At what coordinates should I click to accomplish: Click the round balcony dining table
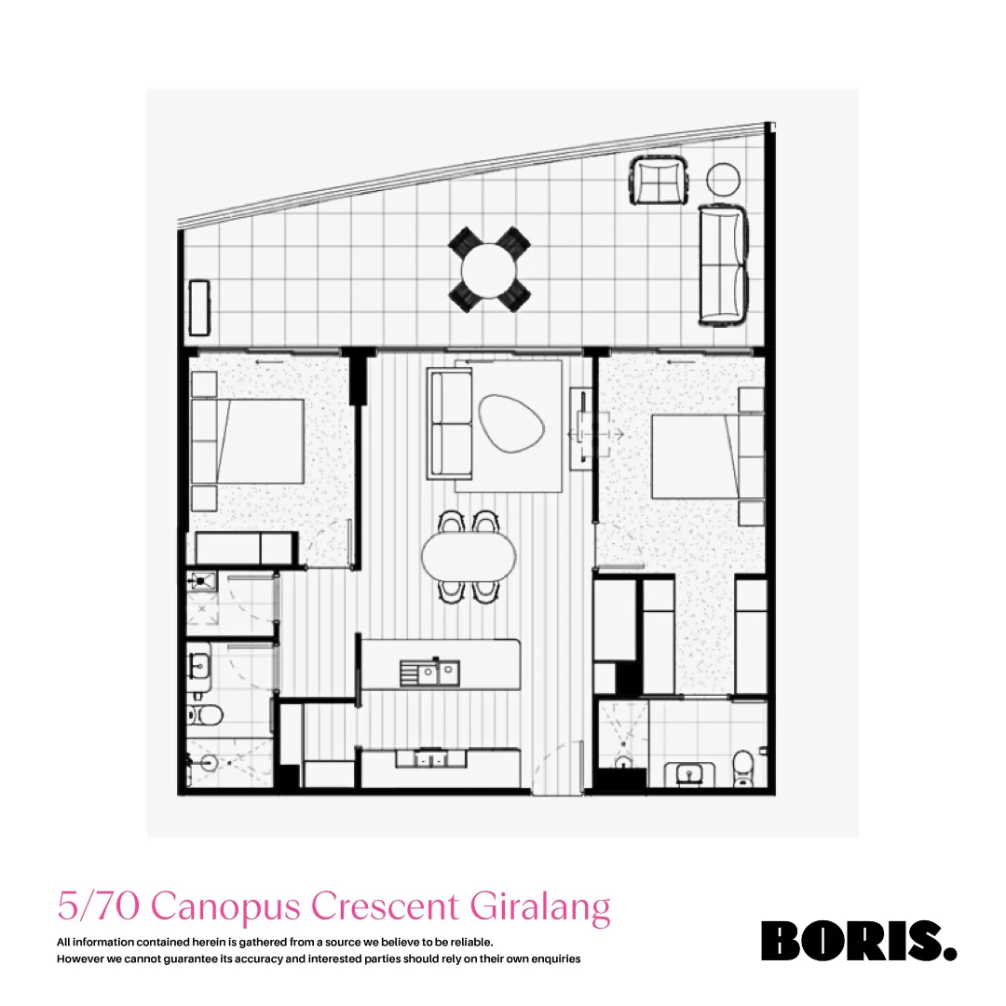[x=489, y=269]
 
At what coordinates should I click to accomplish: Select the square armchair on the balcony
[x=659, y=180]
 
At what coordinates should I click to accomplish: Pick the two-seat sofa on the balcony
[x=724, y=265]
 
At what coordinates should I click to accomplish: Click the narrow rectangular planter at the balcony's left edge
[x=198, y=306]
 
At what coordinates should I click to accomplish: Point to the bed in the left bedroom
[x=248, y=441]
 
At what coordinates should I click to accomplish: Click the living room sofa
[x=450, y=423]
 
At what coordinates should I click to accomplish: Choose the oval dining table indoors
[x=469, y=557]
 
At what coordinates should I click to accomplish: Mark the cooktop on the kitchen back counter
[x=429, y=759]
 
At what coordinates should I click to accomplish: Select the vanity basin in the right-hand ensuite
[x=690, y=772]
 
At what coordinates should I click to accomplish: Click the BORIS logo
[x=858, y=941]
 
